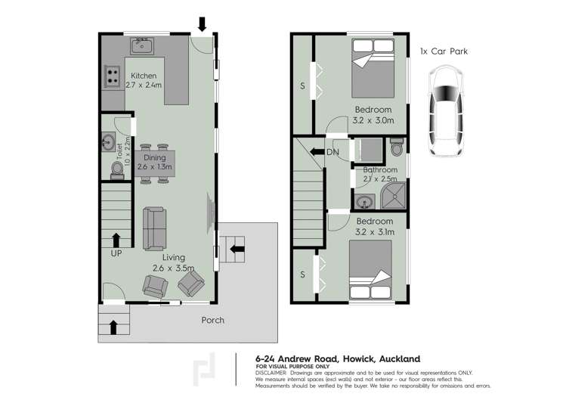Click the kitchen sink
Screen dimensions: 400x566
142,46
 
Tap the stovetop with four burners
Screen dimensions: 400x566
113,76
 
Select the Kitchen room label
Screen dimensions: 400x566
144,76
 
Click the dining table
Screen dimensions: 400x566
156,163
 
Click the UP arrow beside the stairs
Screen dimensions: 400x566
116,240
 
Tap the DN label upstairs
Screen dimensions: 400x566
333,152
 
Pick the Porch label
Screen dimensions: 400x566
212,320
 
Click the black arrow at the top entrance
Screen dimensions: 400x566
202,23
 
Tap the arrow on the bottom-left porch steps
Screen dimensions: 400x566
113,327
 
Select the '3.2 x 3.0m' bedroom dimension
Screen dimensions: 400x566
374,120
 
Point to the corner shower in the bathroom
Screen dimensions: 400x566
392,198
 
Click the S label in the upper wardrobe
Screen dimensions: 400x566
302,86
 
